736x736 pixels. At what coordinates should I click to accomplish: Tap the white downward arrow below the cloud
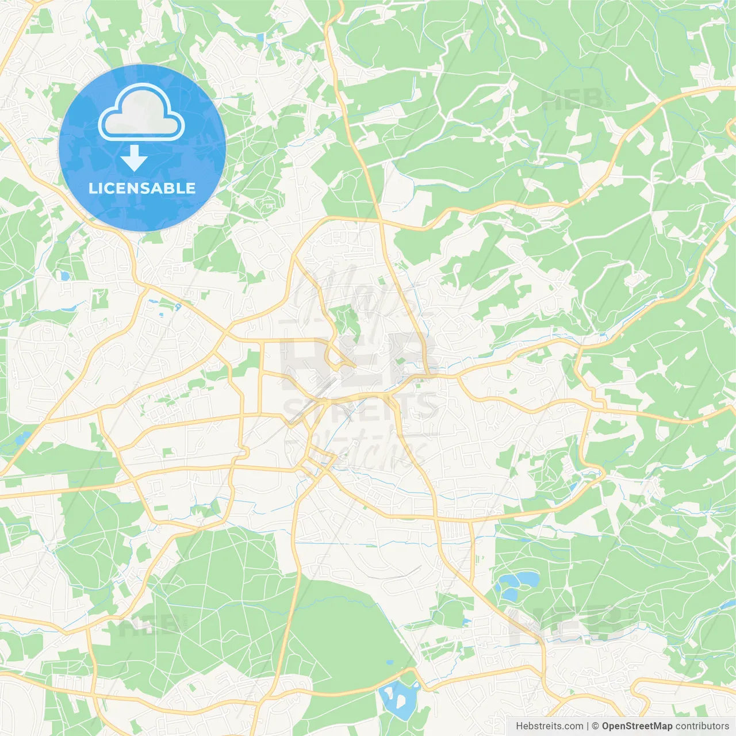tap(134, 158)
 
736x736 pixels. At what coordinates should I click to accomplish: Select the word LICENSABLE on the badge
tap(142, 188)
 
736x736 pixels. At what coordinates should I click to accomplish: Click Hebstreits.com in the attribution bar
tap(549, 726)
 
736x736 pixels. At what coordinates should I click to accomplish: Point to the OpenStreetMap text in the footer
tap(637, 726)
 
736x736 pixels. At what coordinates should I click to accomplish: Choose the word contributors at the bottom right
tap(702, 726)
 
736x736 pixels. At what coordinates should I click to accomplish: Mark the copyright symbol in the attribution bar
tap(596, 726)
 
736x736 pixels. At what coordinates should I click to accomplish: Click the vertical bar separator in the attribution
tap(588, 726)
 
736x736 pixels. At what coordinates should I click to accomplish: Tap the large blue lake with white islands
tap(397, 699)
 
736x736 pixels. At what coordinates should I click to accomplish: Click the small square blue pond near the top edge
tap(260, 37)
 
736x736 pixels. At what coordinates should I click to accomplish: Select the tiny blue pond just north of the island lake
tap(390, 662)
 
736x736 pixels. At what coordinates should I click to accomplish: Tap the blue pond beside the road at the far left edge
tap(23, 439)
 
